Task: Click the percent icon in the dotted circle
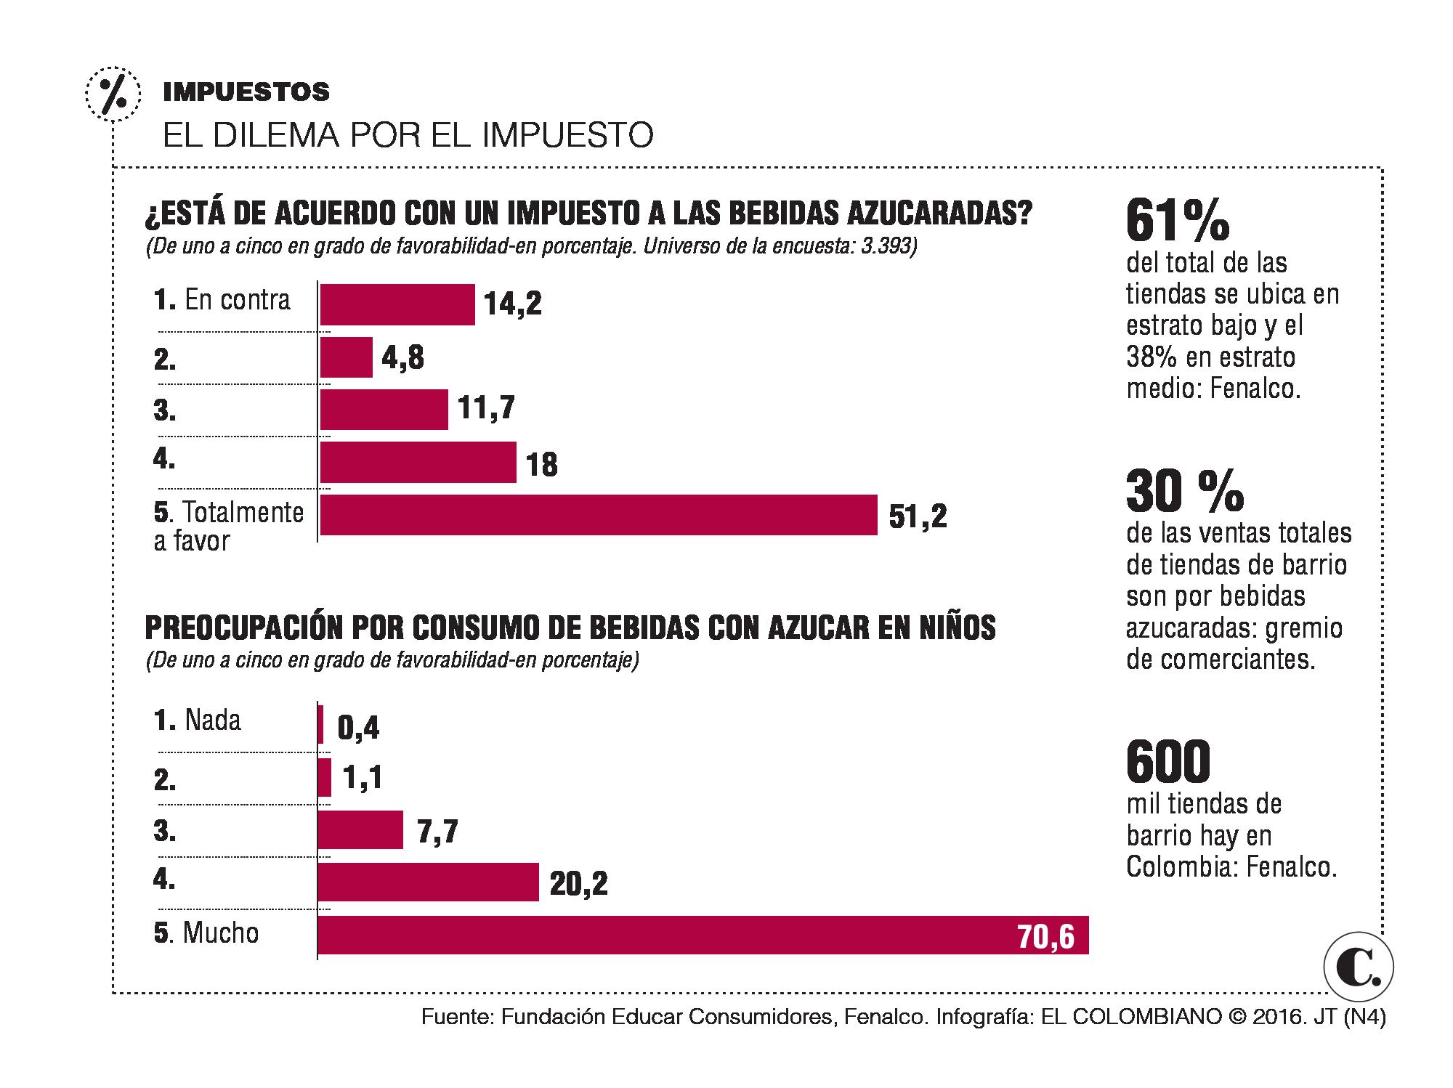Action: [112, 92]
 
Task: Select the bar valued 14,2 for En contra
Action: [397, 304]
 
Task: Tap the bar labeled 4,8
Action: [346, 357]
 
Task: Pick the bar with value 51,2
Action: [598, 515]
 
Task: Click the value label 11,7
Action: [487, 408]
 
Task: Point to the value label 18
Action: [542, 465]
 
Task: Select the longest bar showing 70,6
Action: [703, 935]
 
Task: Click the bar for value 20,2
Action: [428, 882]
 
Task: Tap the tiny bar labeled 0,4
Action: [320, 725]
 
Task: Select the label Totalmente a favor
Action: [228, 527]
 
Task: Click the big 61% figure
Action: [1177, 222]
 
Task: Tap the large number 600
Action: [1168, 762]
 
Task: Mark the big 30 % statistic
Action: [1184, 492]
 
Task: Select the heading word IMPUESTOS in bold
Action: [246, 92]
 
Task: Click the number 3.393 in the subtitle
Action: [885, 247]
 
